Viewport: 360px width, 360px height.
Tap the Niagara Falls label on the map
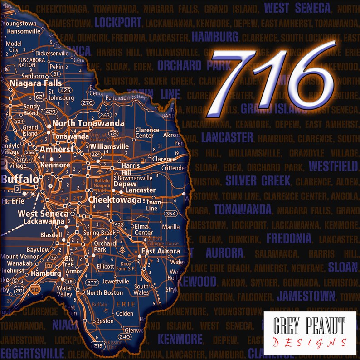36,83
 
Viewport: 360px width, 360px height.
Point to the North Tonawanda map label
82,123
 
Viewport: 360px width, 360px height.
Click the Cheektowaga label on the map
115,199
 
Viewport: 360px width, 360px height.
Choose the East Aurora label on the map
161,251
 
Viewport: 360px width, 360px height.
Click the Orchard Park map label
105,247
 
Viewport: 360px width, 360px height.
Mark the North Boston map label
104,293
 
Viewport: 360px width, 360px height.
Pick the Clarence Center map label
147,133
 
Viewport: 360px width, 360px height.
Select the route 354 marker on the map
170,214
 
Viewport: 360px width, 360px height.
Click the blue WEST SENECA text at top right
297,7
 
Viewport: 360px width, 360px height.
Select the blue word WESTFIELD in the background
333,166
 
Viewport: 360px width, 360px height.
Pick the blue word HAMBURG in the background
215,37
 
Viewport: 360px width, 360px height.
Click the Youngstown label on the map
21,24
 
